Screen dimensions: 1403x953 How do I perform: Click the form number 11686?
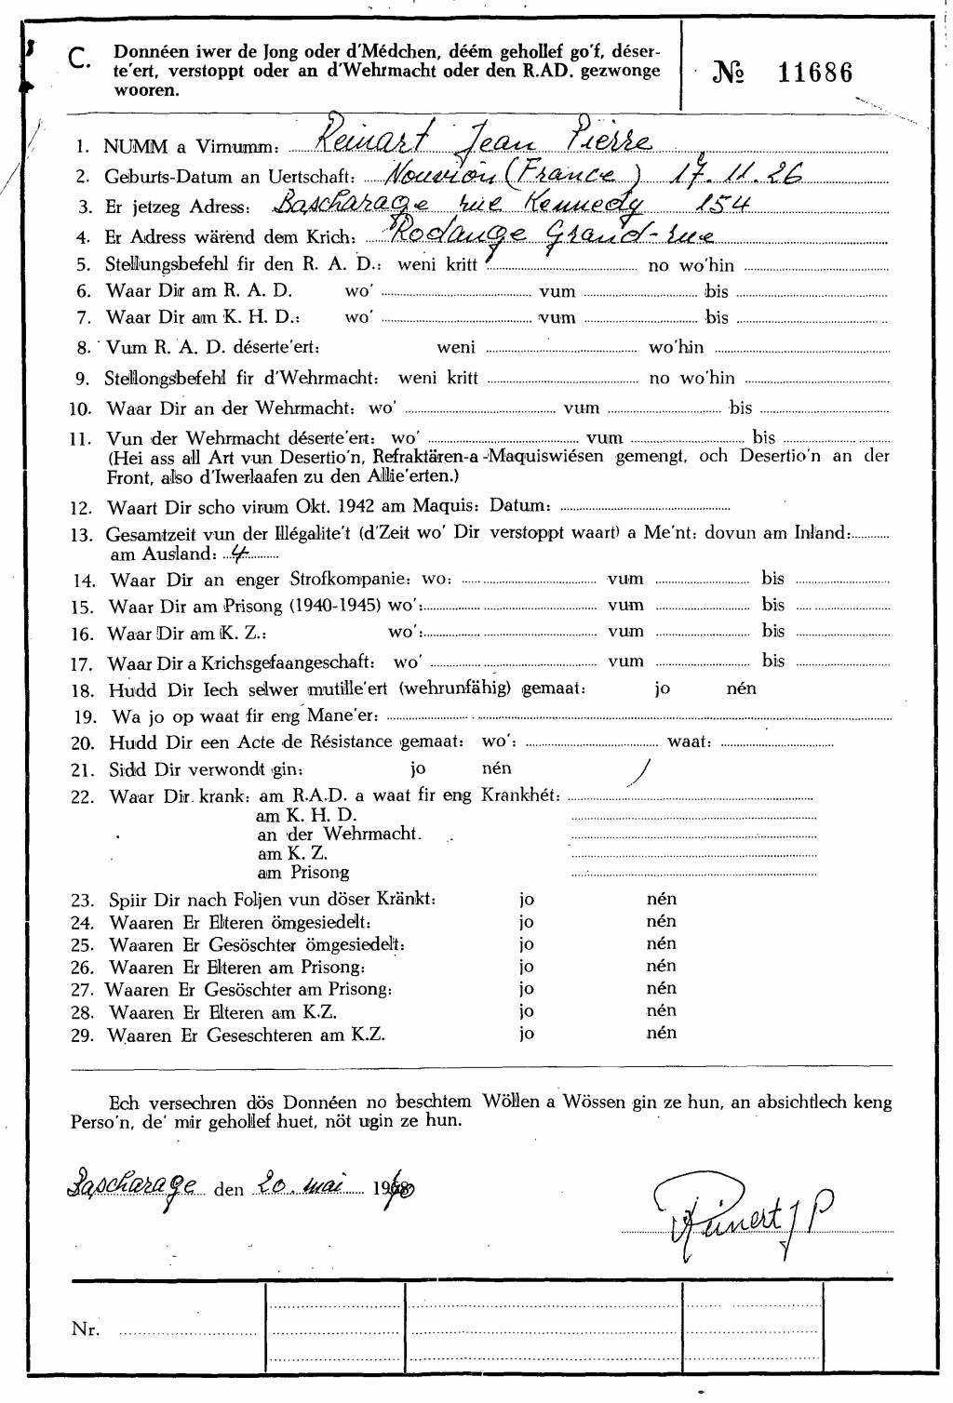point(814,73)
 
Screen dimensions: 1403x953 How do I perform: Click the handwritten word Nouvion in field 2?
point(439,174)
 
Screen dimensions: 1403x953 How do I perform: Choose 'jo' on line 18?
point(662,688)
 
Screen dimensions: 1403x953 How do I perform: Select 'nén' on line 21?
point(496,768)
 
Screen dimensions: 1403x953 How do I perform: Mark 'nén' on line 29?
point(661,1033)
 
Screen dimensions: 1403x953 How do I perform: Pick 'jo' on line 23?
point(527,900)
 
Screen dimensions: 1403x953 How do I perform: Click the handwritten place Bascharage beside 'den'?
point(133,1186)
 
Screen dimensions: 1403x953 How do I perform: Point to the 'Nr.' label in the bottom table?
point(85,1330)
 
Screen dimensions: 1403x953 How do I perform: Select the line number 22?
point(83,797)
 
